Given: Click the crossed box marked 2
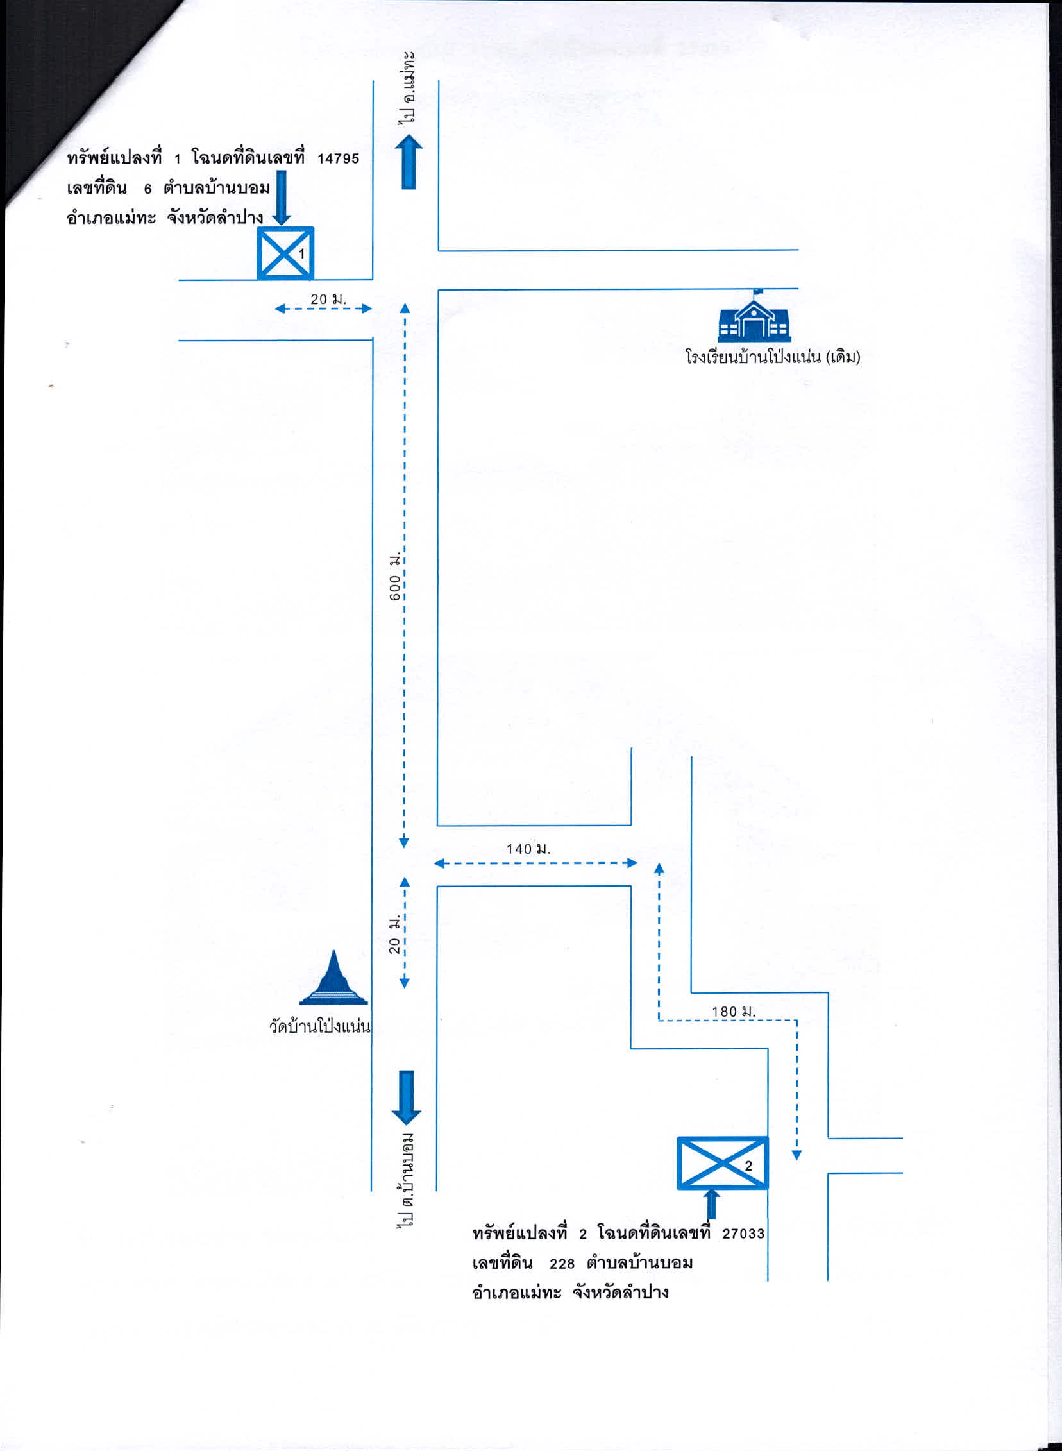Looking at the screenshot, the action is pyautogui.click(x=723, y=1162).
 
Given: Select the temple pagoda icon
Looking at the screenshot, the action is pyautogui.click(x=333, y=978).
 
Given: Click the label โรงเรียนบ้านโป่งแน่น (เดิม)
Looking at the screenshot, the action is pyautogui.click(x=773, y=357).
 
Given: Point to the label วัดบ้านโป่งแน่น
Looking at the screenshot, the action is pyautogui.click(x=320, y=1026).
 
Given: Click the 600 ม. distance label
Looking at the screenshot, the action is pyautogui.click(x=394, y=575).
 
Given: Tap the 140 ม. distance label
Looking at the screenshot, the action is pyautogui.click(x=528, y=848).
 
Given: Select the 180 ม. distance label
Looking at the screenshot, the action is pyautogui.click(x=734, y=1011).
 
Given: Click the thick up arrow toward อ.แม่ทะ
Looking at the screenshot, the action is pyautogui.click(x=409, y=162).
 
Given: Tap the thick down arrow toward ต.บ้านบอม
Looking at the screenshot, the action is pyautogui.click(x=407, y=1098).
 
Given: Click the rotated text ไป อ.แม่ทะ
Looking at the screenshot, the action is pyautogui.click(x=407, y=87).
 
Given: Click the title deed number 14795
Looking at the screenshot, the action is pyautogui.click(x=338, y=159).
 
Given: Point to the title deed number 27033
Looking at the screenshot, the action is pyautogui.click(x=744, y=1234).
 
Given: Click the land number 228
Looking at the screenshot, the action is pyautogui.click(x=562, y=1264).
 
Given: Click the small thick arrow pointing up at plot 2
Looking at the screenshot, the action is pyautogui.click(x=712, y=1203).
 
